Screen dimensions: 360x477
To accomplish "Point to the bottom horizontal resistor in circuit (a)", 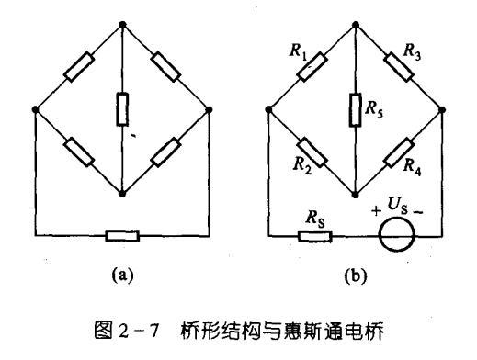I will [121, 236].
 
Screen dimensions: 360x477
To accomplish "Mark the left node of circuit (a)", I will [35, 109].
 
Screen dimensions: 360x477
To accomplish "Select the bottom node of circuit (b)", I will [355, 194].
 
